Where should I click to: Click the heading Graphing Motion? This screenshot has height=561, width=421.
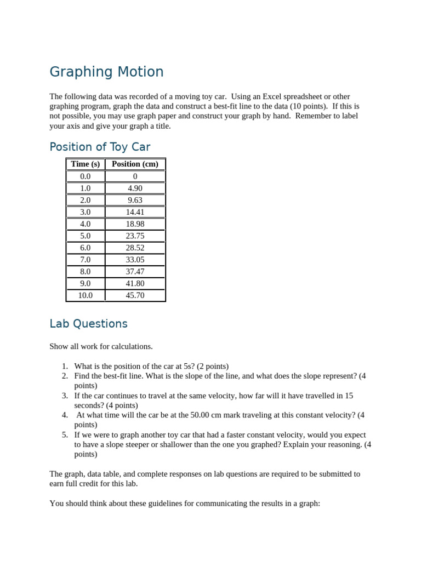[106, 72]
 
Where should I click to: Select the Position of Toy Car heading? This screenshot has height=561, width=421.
[100, 147]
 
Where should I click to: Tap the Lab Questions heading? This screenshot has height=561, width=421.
[88, 324]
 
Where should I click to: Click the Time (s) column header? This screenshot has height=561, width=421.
[86, 164]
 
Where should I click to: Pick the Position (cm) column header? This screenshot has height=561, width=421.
[135, 164]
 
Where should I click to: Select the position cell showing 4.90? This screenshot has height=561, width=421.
[135, 188]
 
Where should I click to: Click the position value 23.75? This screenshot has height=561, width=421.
[135, 236]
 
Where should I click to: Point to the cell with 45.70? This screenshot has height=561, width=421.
[135, 295]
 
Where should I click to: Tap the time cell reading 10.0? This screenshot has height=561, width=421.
[86, 295]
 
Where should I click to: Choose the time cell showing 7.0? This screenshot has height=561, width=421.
[86, 260]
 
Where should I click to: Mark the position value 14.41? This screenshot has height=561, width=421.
[135, 212]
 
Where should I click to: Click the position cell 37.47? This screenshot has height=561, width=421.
[135, 272]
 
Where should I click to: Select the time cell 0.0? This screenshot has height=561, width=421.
[86, 176]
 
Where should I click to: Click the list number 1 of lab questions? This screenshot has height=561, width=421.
[65, 366]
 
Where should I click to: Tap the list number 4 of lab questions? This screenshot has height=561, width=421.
[65, 415]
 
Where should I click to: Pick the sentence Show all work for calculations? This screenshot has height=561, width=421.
[101, 346]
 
